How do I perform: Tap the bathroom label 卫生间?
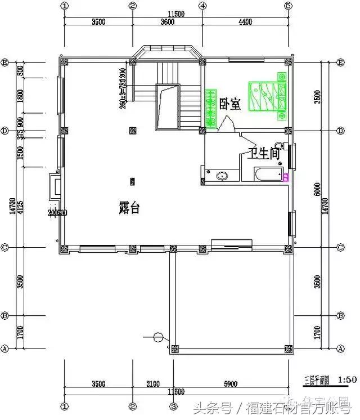[264, 153]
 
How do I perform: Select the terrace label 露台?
[129, 208]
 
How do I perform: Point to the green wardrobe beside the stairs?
[211, 107]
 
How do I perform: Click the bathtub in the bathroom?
[268, 175]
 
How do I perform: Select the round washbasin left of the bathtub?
[222, 176]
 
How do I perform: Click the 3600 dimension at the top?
[167, 23]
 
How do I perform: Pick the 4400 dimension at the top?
[245, 23]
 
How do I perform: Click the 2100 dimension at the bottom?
[152, 385]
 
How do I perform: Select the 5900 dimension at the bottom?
[231, 385]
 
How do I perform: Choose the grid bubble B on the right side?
[340, 315]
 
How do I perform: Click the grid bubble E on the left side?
[4, 62]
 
